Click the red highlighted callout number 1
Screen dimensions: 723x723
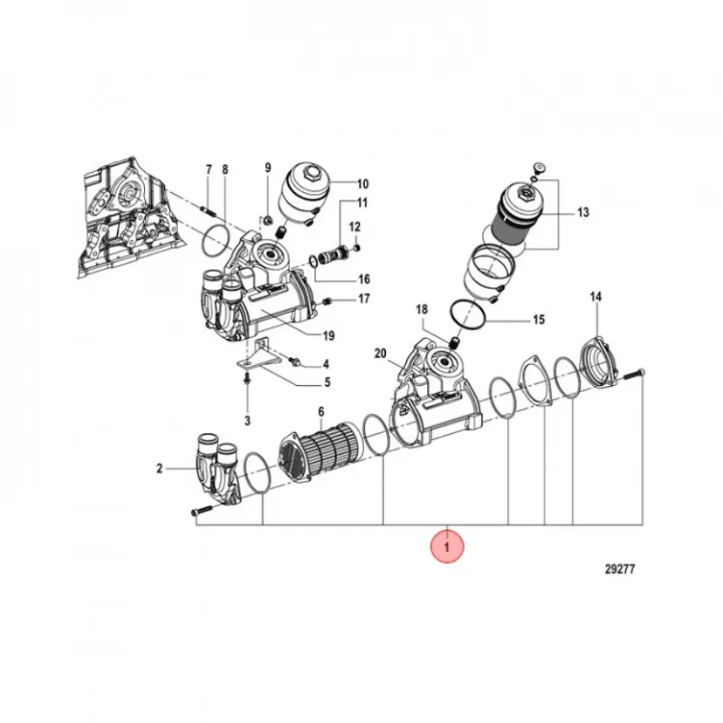446,547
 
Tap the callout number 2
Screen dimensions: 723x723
160,469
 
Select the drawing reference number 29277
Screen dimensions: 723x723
620,569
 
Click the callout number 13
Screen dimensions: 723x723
583,212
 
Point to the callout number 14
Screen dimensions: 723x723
596,297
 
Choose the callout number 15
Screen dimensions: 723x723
539,319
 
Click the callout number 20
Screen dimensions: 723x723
380,354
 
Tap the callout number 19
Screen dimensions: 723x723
328,335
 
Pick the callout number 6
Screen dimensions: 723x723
321,412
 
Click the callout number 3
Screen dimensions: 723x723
248,421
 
